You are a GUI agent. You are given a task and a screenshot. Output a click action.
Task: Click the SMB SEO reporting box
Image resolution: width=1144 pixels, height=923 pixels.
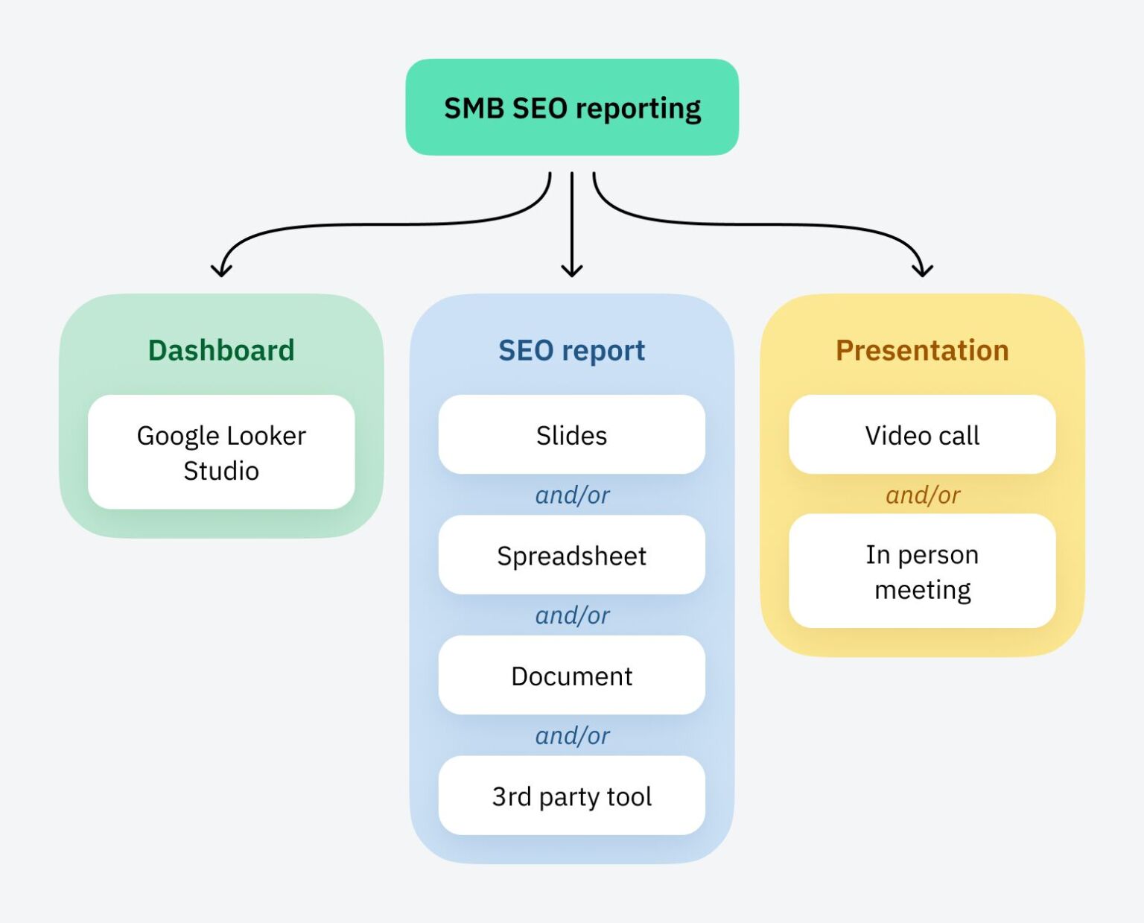(572, 107)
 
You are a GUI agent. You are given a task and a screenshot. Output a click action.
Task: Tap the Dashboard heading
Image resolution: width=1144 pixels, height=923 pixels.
(221, 350)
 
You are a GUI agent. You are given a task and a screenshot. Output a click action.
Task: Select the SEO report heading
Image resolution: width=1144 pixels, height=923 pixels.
(571, 351)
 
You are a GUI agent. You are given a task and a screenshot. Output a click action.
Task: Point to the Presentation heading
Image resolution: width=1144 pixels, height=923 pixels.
(922, 351)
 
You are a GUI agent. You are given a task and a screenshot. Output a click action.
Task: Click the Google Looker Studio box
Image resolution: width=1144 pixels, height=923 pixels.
(221, 452)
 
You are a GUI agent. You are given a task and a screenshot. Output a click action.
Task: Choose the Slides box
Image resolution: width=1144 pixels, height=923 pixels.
(571, 434)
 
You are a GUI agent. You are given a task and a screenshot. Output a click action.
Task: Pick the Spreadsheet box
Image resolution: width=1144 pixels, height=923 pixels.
(571, 554)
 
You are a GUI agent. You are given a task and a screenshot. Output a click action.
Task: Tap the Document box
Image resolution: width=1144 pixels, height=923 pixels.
(571, 675)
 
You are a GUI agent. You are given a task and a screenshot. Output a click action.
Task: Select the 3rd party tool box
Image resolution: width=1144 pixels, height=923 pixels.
(571, 796)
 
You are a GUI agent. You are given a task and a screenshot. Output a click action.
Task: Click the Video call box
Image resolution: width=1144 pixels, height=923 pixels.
(922, 434)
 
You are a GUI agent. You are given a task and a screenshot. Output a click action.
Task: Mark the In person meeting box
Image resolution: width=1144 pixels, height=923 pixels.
(922, 571)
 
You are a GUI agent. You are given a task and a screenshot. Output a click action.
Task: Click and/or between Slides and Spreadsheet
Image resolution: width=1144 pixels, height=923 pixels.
(572, 495)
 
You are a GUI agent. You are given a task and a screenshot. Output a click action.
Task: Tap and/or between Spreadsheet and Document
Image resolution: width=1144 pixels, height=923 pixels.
(572, 615)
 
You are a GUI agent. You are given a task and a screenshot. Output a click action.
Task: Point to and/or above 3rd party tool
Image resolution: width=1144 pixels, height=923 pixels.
(572, 736)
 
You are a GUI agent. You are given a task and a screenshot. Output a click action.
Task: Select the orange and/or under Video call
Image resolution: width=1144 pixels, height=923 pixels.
(923, 495)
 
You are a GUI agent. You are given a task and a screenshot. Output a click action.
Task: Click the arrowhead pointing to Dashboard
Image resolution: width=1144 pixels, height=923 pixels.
(221, 270)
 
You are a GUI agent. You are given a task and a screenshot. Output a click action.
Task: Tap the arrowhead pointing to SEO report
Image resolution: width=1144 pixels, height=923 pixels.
(572, 270)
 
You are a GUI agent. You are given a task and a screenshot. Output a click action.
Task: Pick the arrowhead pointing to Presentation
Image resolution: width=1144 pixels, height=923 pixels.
(922, 270)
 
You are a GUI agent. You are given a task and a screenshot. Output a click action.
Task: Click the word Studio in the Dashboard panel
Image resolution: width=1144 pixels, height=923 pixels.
(221, 471)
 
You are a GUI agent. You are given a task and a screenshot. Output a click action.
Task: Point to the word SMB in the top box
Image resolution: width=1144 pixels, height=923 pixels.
(474, 109)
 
